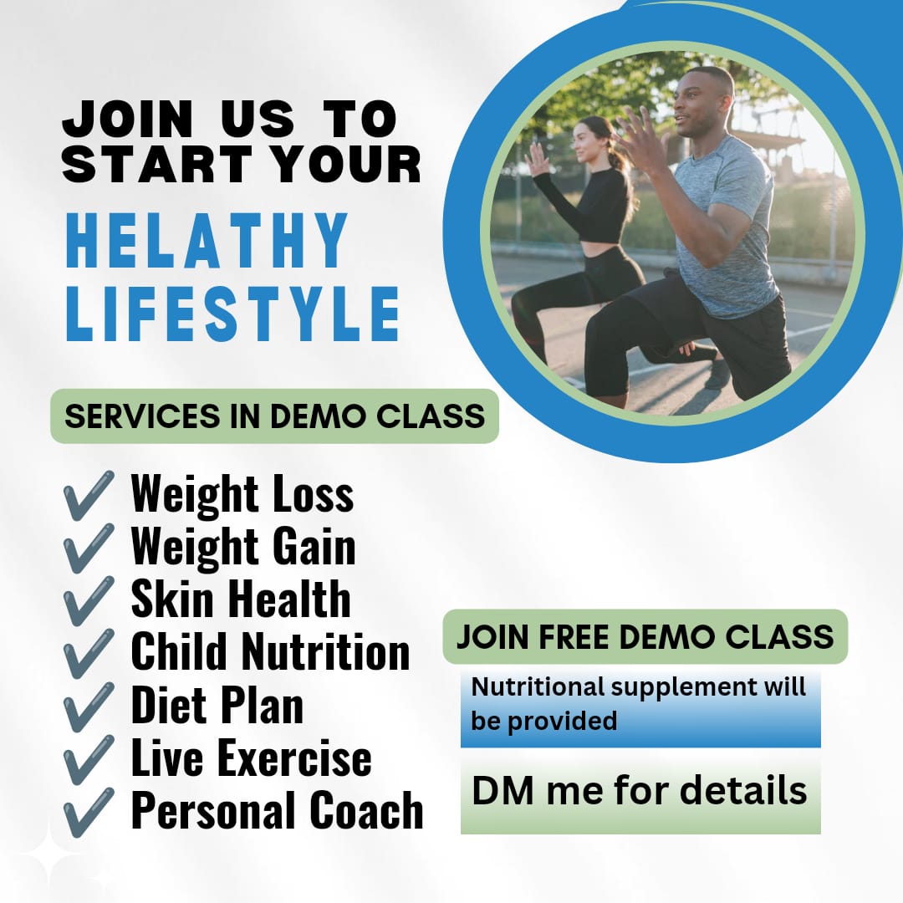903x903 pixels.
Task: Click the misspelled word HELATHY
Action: (x=207, y=240)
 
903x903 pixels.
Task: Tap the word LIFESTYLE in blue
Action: (x=232, y=314)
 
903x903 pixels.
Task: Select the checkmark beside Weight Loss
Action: (x=88, y=495)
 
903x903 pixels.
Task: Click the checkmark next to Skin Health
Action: (x=88, y=600)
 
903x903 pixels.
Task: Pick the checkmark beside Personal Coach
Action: (x=88, y=812)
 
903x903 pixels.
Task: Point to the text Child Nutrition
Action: (x=270, y=651)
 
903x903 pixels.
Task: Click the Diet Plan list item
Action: (x=217, y=704)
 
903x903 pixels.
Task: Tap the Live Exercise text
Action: (x=251, y=758)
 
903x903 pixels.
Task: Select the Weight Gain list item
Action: (x=243, y=546)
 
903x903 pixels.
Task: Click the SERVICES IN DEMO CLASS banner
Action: (x=275, y=416)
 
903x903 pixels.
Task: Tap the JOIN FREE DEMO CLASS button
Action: (x=645, y=637)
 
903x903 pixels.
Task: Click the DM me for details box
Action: (x=640, y=791)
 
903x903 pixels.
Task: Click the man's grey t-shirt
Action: (x=726, y=225)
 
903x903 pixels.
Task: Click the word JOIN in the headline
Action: (x=127, y=120)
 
